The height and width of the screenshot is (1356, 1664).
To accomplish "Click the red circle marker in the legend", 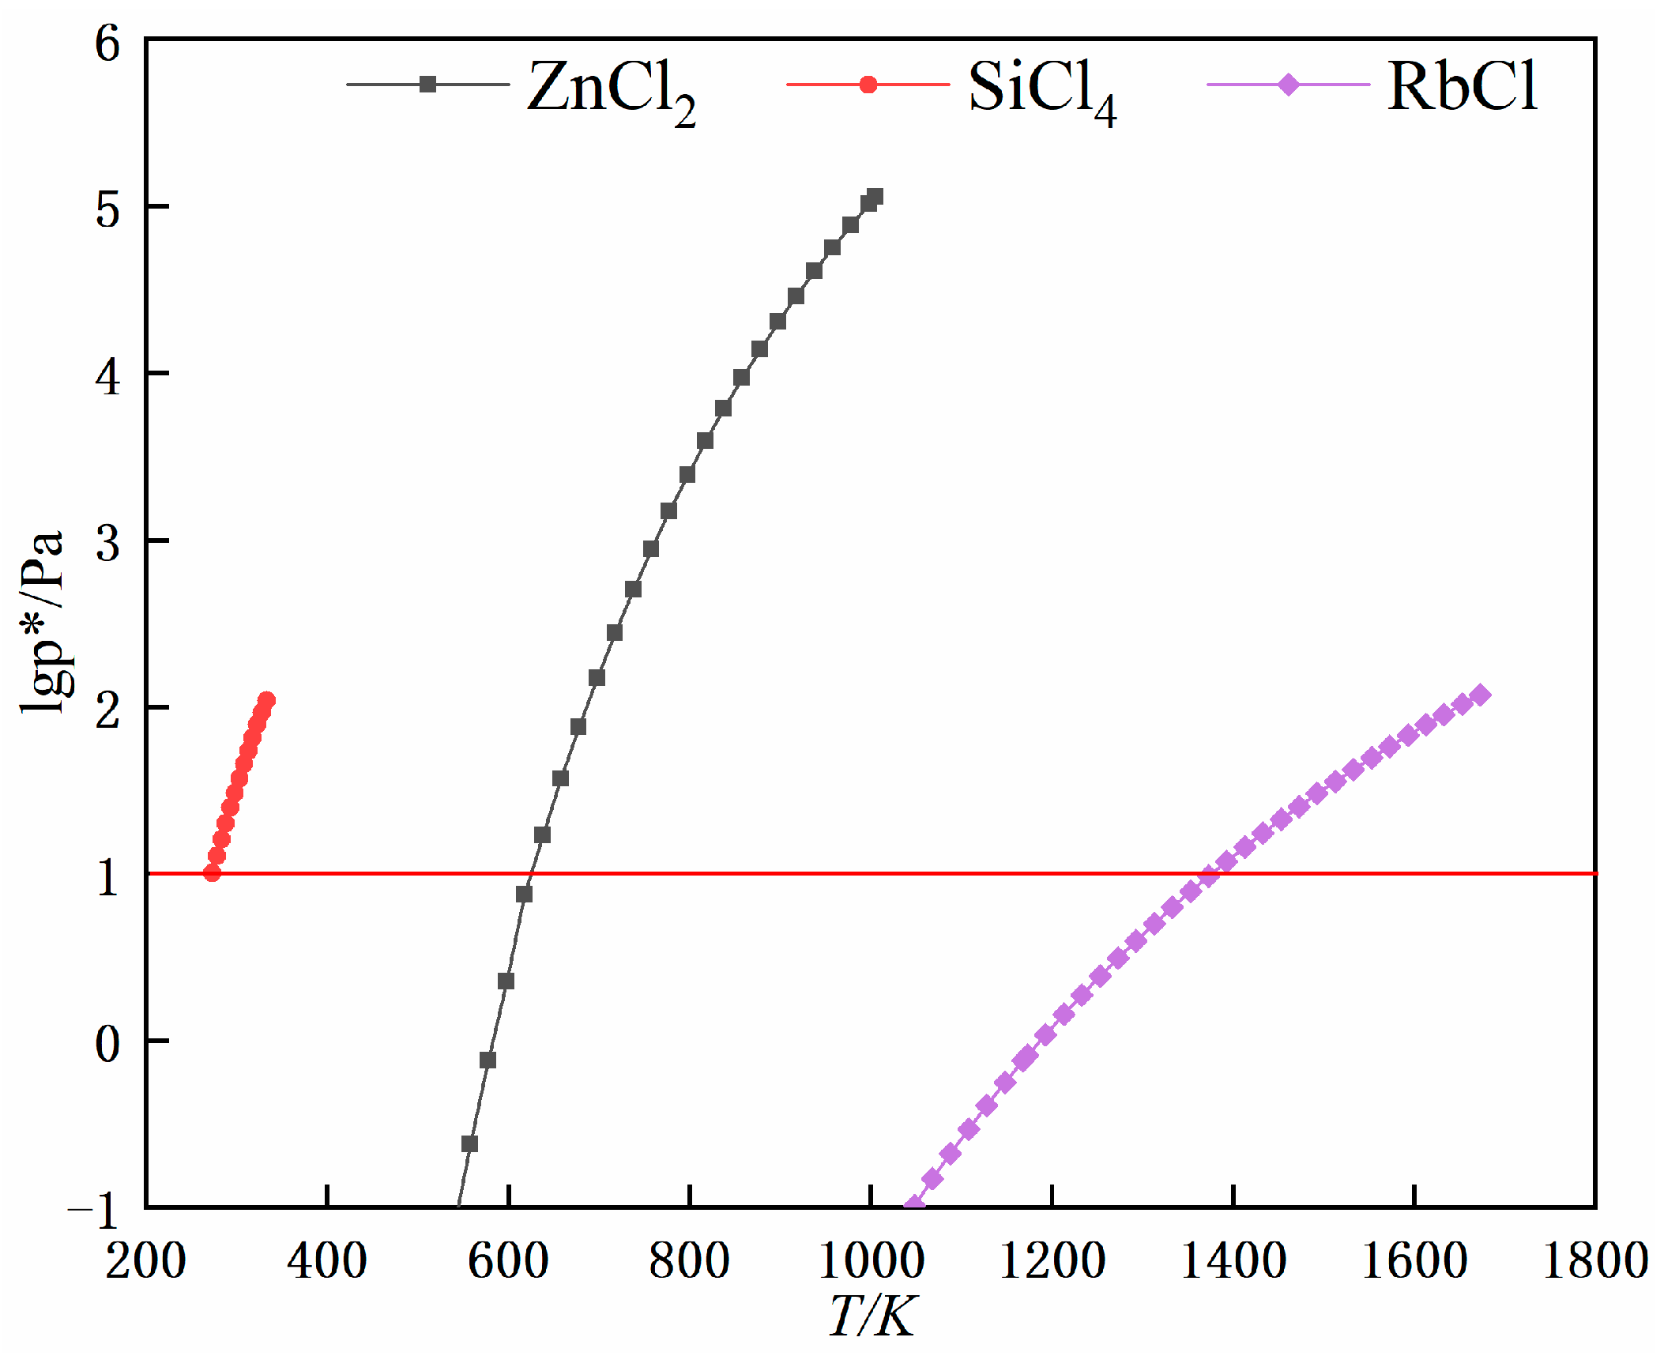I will click(x=868, y=85).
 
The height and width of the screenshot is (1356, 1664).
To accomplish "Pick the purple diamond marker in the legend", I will click(x=1289, y=85).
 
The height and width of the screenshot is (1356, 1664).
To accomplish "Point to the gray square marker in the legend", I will click(x=427, y=85).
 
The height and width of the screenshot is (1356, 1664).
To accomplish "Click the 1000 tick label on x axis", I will click(x=871, y=1260).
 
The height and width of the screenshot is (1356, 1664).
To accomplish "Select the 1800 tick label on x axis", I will click(x=1594, y=1260).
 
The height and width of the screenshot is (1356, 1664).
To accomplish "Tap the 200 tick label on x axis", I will click(x=146, y=1260).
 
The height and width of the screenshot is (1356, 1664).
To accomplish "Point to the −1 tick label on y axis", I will click(x=95, y=1210).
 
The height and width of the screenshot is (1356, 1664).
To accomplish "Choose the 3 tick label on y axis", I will click(x=107, y=544).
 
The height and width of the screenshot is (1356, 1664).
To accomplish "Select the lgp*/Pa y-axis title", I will click(x=41, y=623).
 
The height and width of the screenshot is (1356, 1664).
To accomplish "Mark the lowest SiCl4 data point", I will click(x=212, y=872).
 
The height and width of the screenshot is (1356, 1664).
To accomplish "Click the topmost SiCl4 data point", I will click(x=267, y=700).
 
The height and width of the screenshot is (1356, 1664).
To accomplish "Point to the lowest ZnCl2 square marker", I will click(x=469, y=1144).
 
